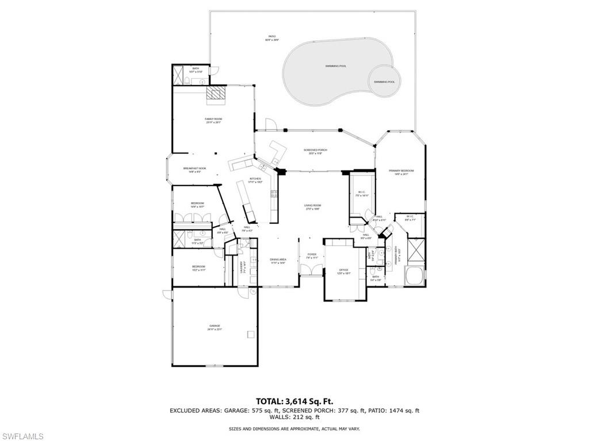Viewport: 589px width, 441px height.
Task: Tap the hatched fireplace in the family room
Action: coord(217,94)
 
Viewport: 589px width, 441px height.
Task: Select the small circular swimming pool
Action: coord(384,81)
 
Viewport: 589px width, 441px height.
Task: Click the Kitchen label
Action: coord(255,180)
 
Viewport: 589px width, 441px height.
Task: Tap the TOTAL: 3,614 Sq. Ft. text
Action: coord(294,401)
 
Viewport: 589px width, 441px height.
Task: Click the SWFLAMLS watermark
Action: coord(23,436)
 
